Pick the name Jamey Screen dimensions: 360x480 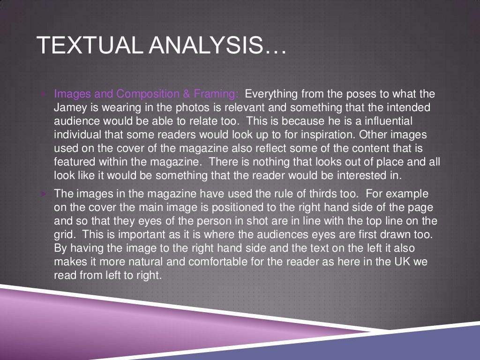coord(69,107)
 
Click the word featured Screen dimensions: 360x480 coord(73,162)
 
